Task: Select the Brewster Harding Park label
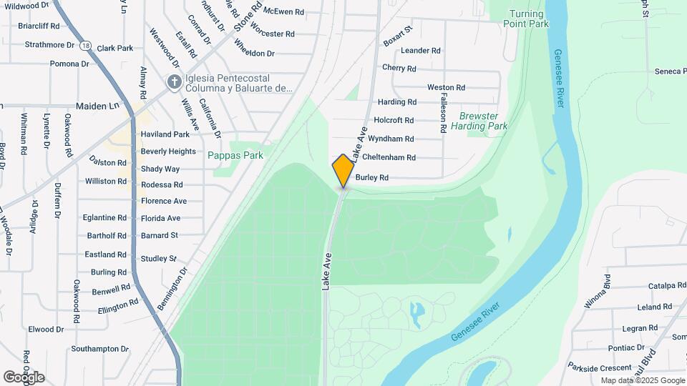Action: [483, 121]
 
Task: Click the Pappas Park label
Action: [235, 155]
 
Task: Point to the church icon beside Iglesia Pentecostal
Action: [173, 82]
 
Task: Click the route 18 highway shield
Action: [86, 45]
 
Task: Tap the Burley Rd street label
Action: [371, 177]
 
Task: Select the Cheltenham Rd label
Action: [389, 157]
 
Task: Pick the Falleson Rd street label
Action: [444, 113]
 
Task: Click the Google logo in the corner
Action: [24, 377]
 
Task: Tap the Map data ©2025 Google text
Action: [643, 380]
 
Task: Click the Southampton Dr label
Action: [99, 350]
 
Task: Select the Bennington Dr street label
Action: [172, 289]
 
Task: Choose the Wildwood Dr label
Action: [26, 5]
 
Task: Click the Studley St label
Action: [158, 258]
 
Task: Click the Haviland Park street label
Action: [165, 134]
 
